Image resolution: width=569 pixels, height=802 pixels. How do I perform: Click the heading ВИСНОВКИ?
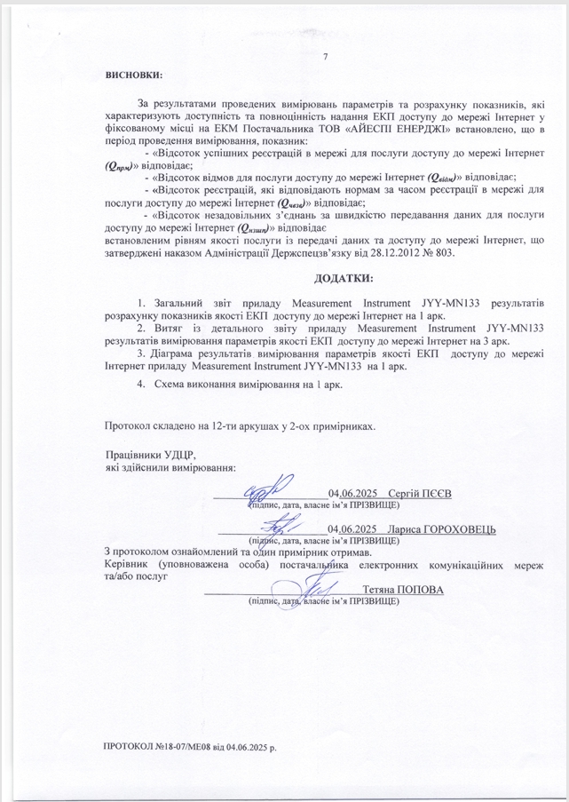pyautogui.click(x=134, y=75)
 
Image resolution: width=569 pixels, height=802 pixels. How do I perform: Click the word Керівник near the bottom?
pyautogui.click(x=123, y=564)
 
